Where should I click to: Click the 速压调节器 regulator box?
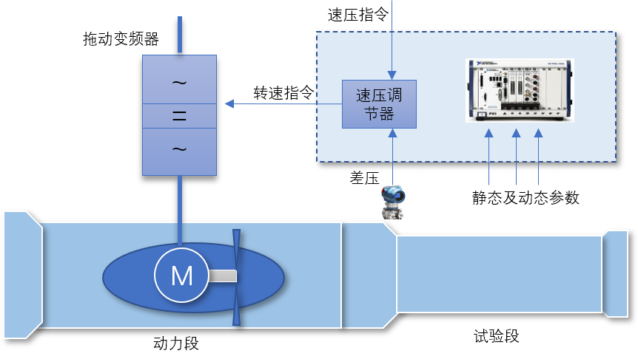pos(379,104)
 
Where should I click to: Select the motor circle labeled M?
pos(181,276)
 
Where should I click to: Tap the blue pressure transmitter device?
pos(392,202)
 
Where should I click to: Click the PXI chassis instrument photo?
pos(520,90)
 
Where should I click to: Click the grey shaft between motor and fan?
pos(222,276)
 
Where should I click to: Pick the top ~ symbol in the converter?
pos(179,81)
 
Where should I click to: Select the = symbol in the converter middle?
pos(179,116)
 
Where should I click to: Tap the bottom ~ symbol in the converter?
pos(179,149)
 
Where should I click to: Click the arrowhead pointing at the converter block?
pos(229,103)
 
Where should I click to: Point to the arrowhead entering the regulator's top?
pos(392,75)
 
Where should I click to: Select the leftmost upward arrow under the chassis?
pos(488,134)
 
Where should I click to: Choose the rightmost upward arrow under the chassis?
pos(538,134)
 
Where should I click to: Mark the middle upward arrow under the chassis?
pos(517,134)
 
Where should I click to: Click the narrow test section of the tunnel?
pos(499,274)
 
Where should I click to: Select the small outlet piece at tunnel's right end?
pos(615,274)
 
